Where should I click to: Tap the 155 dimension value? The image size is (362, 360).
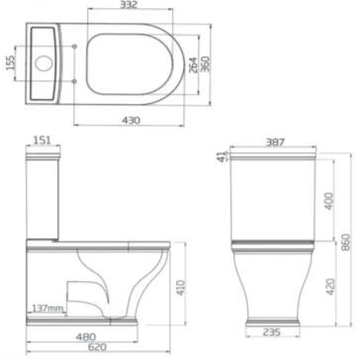[11, 62]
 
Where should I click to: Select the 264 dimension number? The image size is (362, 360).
[194, 64]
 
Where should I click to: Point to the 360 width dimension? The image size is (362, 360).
[205, 64]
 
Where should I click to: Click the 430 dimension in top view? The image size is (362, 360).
[131, 121]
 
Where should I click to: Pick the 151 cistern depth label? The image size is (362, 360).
[43, 140]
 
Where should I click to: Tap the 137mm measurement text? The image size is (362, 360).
[47, 309]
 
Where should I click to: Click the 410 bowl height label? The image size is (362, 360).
[181, 287]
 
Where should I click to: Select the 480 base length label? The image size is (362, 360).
[86, 336]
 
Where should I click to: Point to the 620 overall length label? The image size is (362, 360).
[97, 347]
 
